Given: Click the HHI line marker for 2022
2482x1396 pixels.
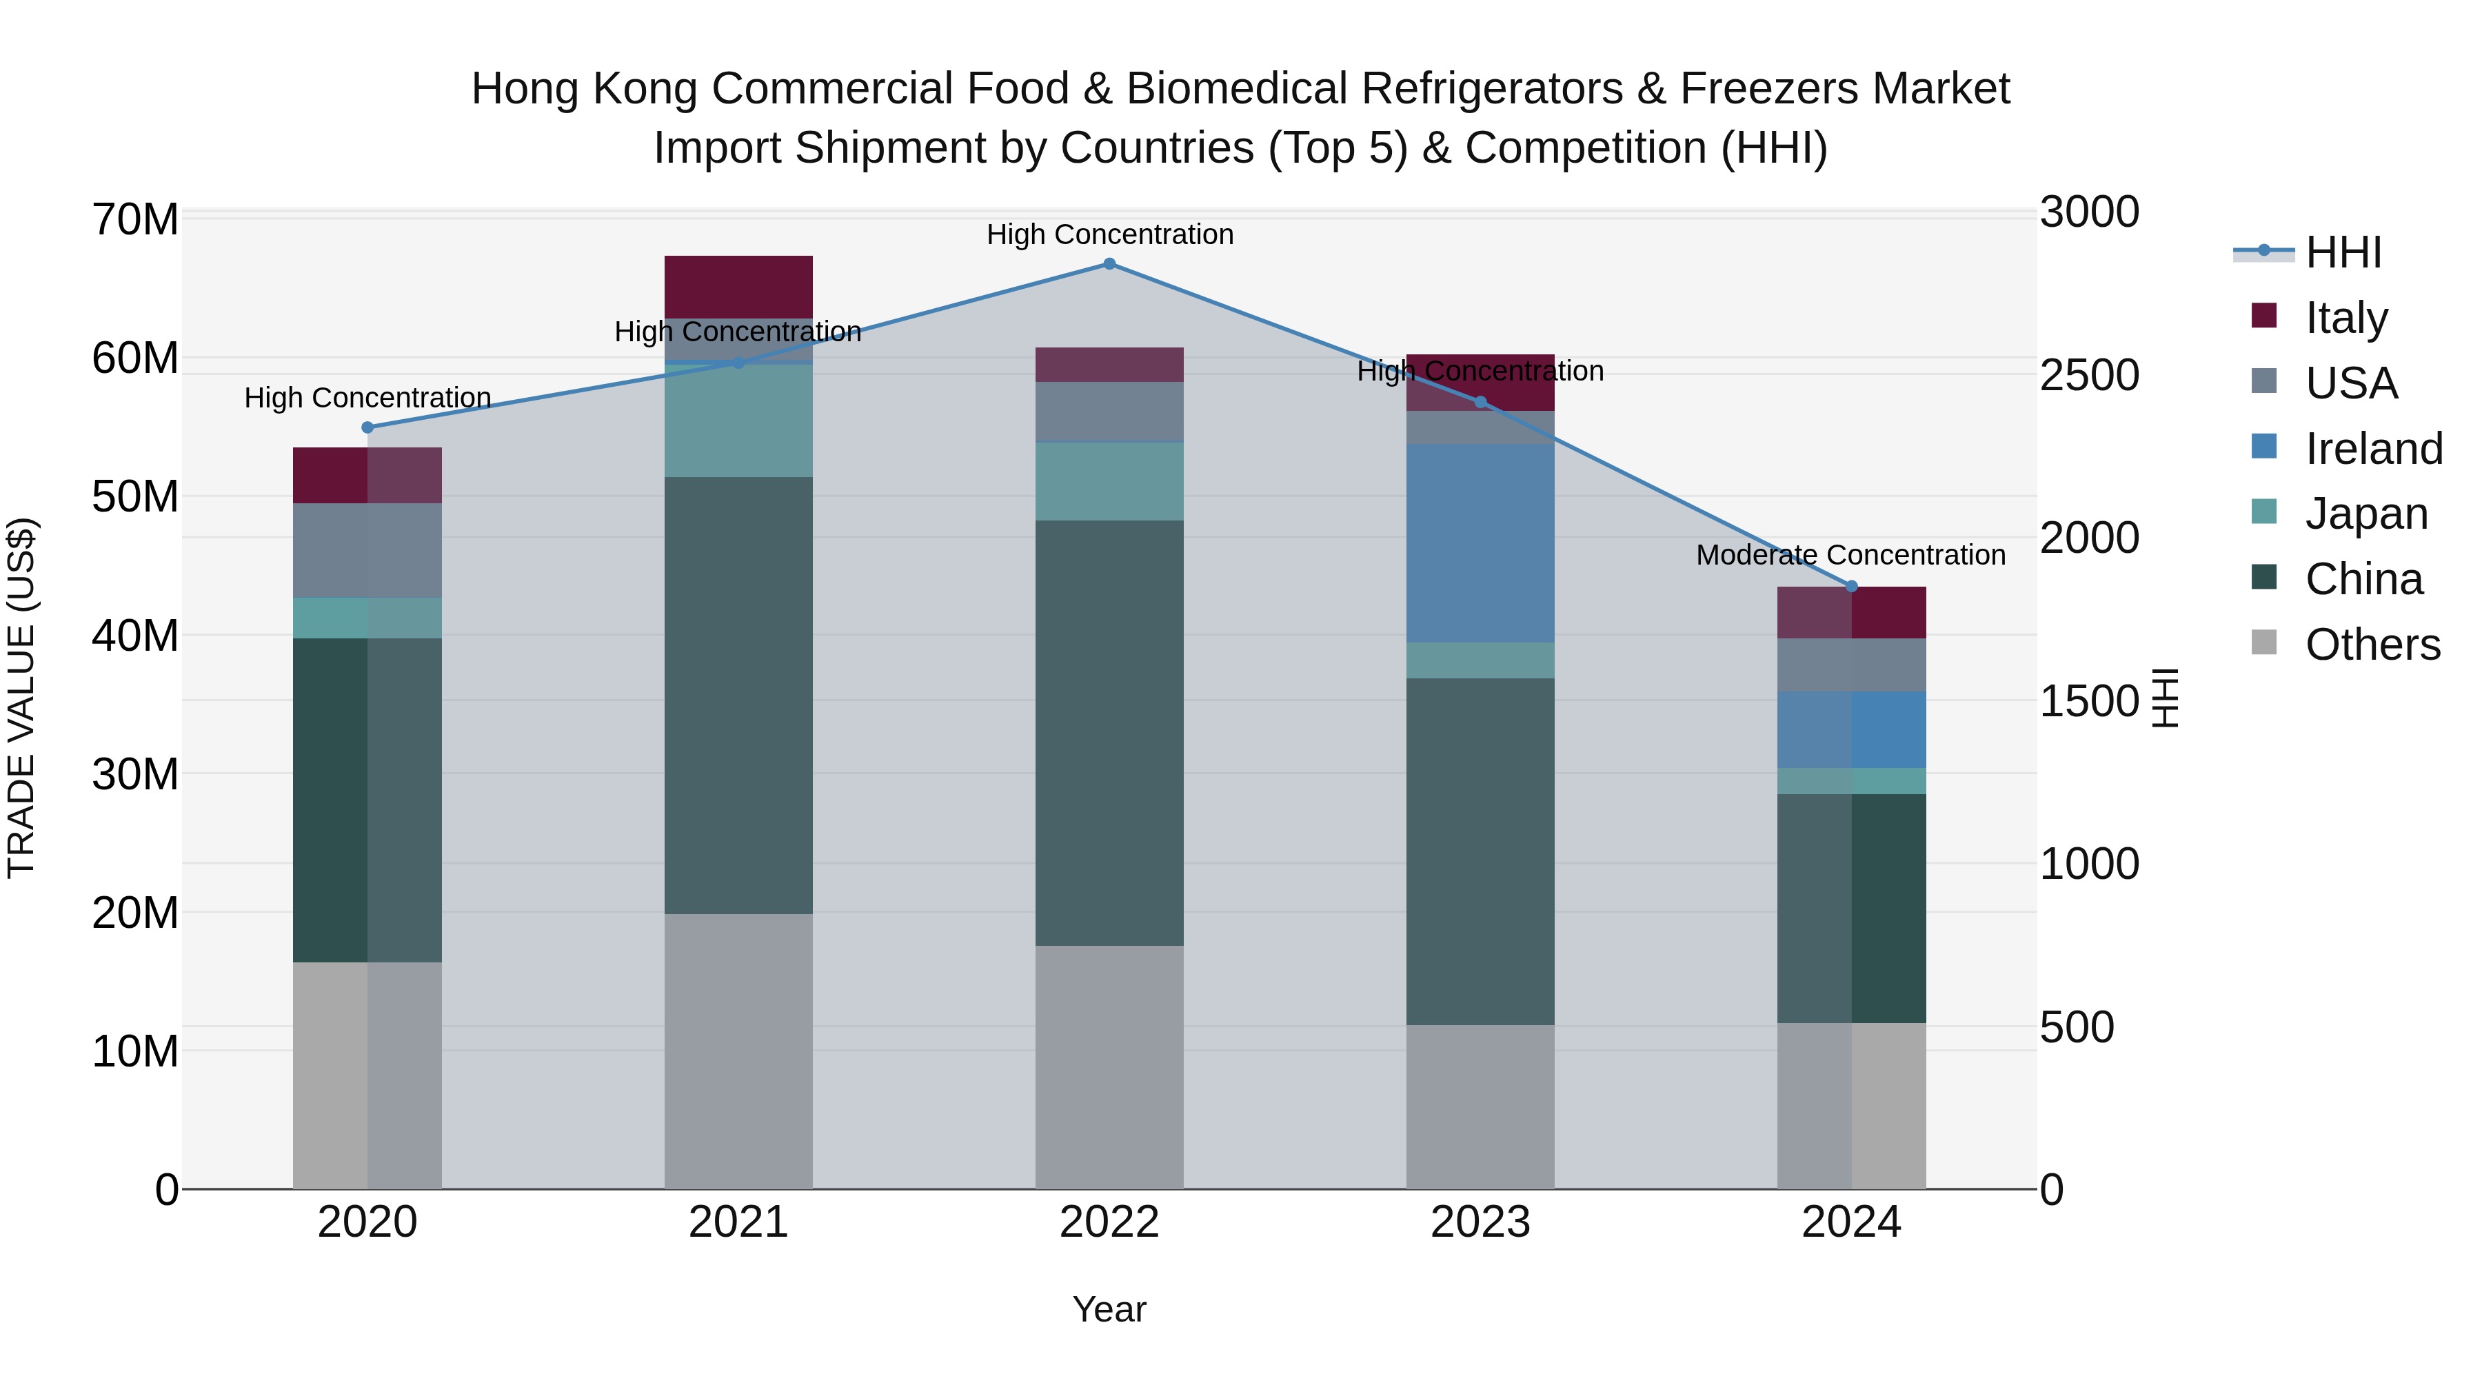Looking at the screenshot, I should click(1109, 264).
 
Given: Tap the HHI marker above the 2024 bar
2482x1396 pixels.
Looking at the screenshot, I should click(1851, 587).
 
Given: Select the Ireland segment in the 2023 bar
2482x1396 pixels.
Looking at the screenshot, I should click(1480, 543).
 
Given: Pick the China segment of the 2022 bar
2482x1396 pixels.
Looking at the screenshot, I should click(1109, 732).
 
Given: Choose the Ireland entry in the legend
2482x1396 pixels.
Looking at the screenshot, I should click(2373, 449).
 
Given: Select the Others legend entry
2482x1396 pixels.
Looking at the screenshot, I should click(2372, 645).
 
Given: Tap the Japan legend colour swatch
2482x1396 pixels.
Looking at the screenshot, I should click(2264, 512).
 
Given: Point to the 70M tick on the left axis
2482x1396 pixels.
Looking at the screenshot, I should click(135, 220).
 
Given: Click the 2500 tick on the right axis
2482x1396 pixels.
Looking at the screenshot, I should click(2089, 375).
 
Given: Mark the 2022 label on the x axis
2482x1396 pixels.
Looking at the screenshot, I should click(1109, 1222).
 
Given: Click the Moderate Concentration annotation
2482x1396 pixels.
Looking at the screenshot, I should click(1851, 555).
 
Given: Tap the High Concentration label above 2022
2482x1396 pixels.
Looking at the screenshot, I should click(1110, 234).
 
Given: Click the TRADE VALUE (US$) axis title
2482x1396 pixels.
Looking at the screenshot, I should click(21, 698).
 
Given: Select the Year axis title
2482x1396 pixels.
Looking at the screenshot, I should click(1109, 1309).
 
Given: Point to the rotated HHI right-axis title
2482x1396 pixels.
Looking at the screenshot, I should click(2164, 698).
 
